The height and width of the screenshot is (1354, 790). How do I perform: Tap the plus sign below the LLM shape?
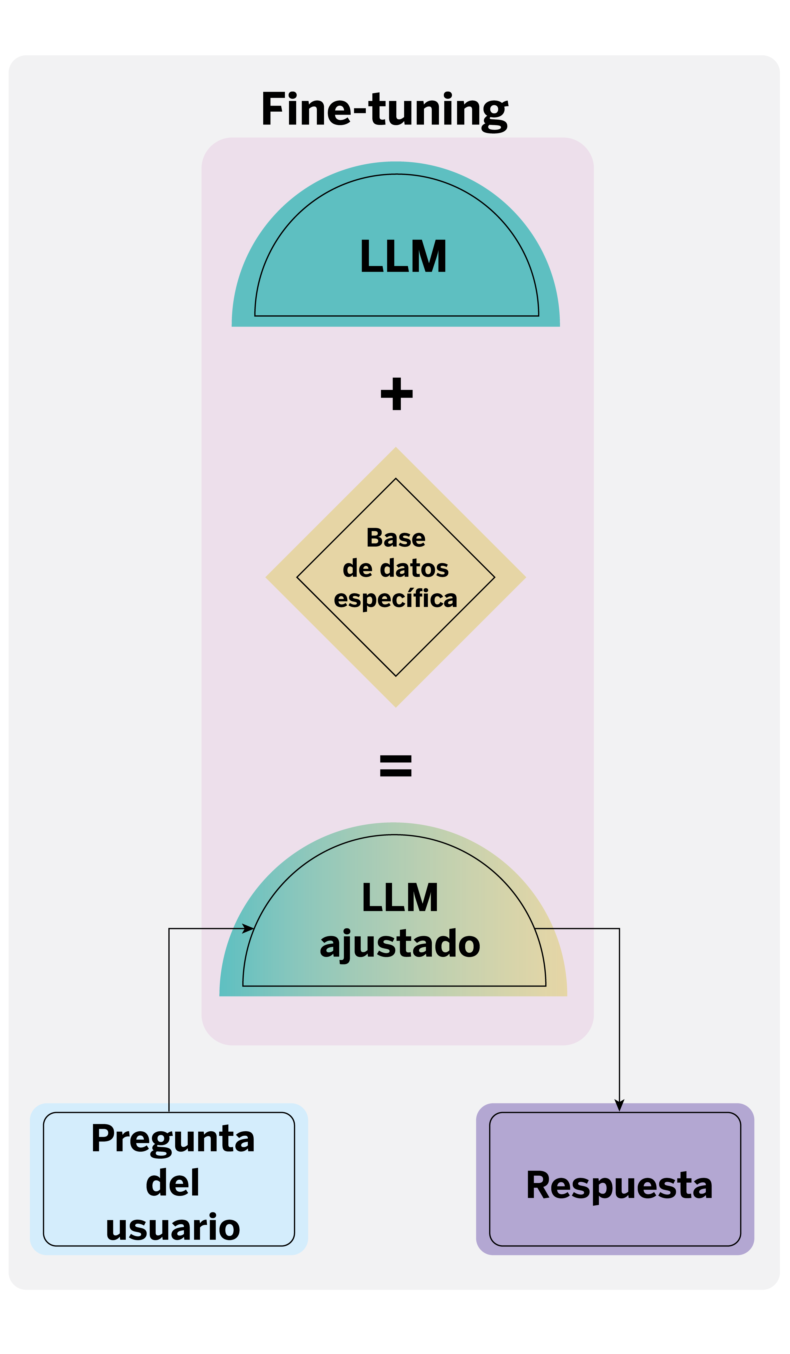[x=397, y=394]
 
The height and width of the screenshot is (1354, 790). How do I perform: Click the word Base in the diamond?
[x=396, y=538]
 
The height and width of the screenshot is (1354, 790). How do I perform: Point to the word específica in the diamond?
[x=396, y=599]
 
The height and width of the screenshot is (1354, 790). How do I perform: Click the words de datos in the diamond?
[x=396, y=568]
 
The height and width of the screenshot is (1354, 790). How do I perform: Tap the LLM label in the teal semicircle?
[x=403, y=257]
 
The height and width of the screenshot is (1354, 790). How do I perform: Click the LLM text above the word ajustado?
[x=400, y=897]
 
